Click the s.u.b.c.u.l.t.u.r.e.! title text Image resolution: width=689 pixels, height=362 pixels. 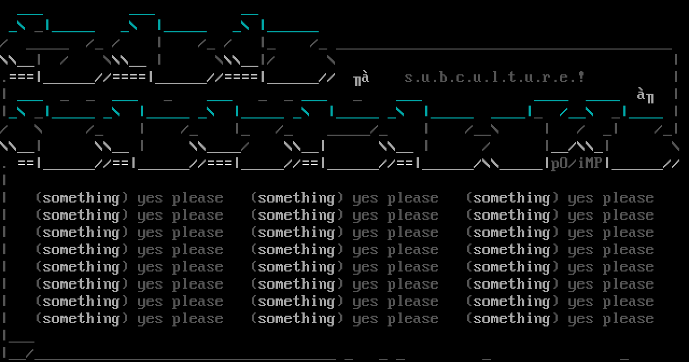coord(494,77)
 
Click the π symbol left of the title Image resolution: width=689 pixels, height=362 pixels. coord(357,81)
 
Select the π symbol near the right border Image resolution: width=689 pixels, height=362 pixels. coord(650,98)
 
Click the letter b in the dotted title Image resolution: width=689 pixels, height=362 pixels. coord(442,77)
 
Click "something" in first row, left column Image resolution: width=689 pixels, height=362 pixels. coord(81,198)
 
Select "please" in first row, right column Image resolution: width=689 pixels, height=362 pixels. coord(628,198)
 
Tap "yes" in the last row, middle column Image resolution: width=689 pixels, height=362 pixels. coord(365,319)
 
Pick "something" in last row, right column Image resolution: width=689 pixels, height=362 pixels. coord(512,318)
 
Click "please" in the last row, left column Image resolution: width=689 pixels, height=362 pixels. coord(198,319)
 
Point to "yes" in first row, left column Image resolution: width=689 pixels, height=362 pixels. coord(150,198)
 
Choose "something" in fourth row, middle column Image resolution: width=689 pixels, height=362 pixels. coord(297,249)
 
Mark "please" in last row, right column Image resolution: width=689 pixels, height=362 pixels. coord(628,319)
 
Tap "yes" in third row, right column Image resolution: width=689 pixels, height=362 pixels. coord(580,233)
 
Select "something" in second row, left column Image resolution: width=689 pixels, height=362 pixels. coord(81,215)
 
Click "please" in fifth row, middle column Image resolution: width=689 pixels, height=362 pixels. coord(413,267)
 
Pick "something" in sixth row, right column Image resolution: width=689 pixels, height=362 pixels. coord(512,284)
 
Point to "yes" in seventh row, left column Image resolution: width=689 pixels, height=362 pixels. coord(150,302)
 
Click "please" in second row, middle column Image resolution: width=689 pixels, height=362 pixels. coord(413,215)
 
